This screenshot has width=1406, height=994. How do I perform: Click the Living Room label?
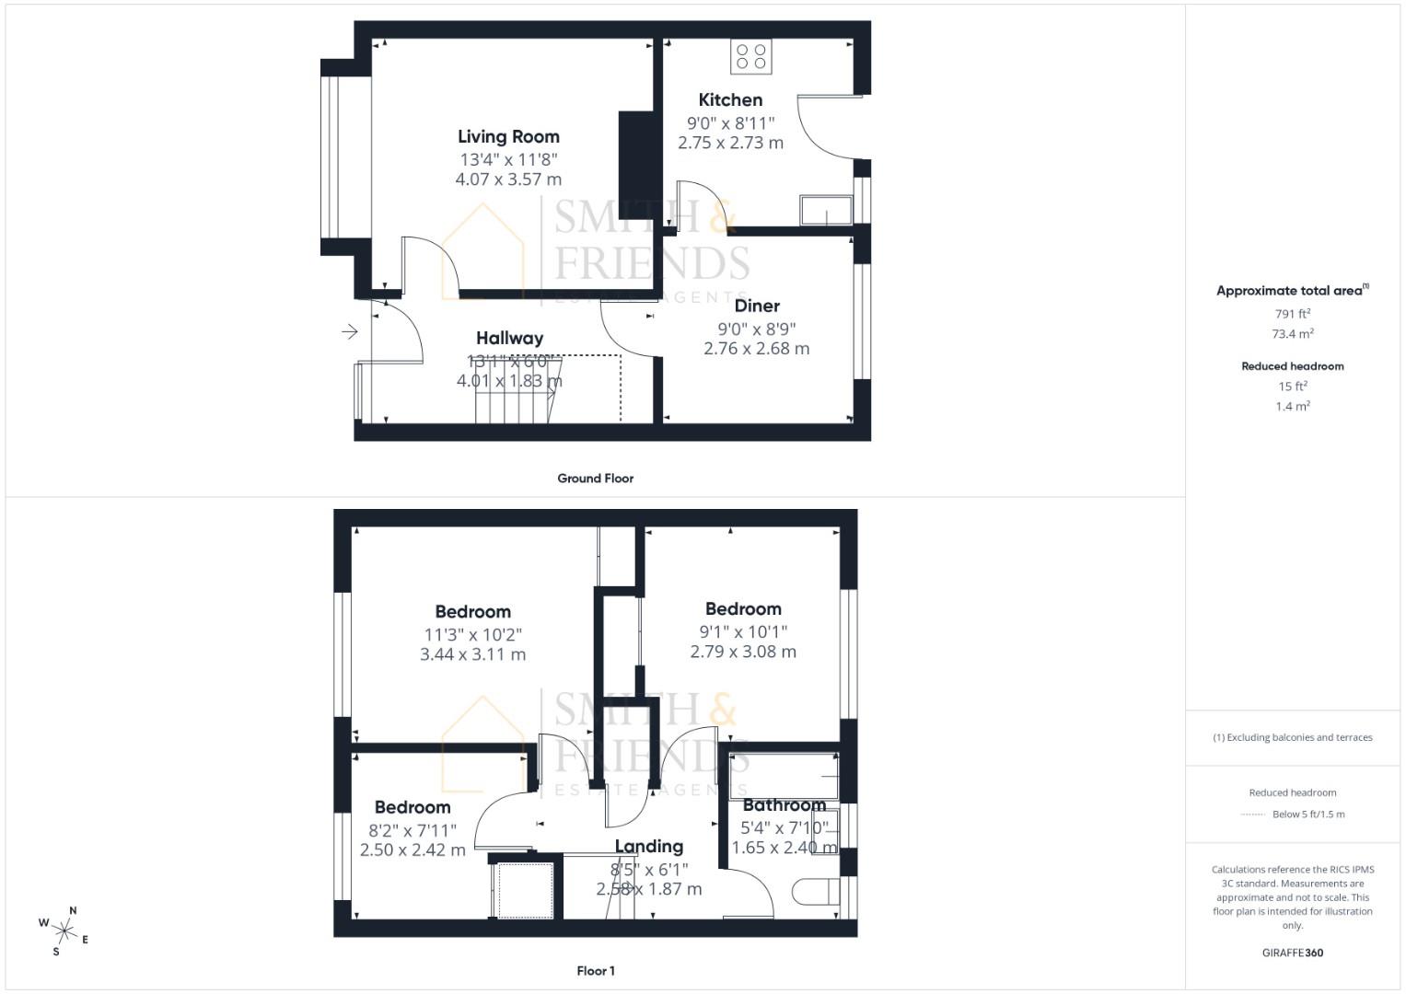[508, 136]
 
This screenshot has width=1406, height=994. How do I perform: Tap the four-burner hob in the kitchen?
[751, 56]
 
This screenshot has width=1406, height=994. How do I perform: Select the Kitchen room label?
[730, 99]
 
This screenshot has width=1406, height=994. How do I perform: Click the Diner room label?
[757, 306]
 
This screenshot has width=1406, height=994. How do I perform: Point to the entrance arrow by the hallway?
[350, 331]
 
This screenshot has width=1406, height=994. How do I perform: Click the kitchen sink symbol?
[826, 210]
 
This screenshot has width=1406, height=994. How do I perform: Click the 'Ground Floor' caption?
[595, 479]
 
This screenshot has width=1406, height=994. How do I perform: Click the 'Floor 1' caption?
[595, 971]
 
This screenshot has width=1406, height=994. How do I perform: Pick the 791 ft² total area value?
[1293, 314]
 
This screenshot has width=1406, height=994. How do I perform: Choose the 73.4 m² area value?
[1293, 334]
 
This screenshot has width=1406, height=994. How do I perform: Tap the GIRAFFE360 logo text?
[1293, 953]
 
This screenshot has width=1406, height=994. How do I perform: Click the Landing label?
[648, 846]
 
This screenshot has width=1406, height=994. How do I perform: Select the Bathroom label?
[784, 805]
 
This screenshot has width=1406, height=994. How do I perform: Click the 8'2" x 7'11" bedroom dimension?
[413, 829]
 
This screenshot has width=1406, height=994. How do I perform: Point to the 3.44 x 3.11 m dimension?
[472, 654]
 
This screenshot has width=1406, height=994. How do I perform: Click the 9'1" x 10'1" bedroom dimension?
[743, 631]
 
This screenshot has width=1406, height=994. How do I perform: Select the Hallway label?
[509, 338]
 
